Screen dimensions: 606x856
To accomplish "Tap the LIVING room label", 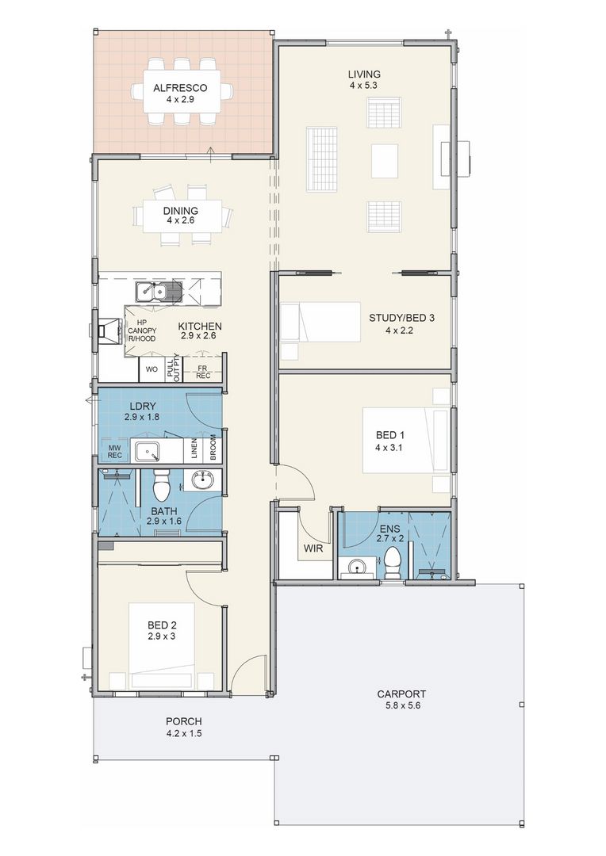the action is coord(365,74).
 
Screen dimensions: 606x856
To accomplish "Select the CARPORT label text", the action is coord(401,694).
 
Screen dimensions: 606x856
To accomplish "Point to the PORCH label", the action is coord(183,722).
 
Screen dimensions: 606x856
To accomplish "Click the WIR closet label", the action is coord(313,548).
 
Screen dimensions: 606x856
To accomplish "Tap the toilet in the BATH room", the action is coord(161,485).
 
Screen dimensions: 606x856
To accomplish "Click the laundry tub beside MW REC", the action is coord(148,452).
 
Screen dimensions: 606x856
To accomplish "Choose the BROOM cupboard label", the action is coord(213,450).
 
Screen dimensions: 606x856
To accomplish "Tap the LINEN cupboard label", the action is coord(194,451).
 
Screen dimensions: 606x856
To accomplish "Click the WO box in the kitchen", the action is coord(151,369).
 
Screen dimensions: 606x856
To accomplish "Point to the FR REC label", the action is coord(203,372).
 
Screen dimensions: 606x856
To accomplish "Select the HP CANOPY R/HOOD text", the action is coord(142,331).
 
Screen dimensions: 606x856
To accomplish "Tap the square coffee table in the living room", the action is coord(385,159).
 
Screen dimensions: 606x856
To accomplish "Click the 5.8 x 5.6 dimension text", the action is coord(401,705).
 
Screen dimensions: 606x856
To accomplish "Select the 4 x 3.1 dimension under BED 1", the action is coord(389,446).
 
